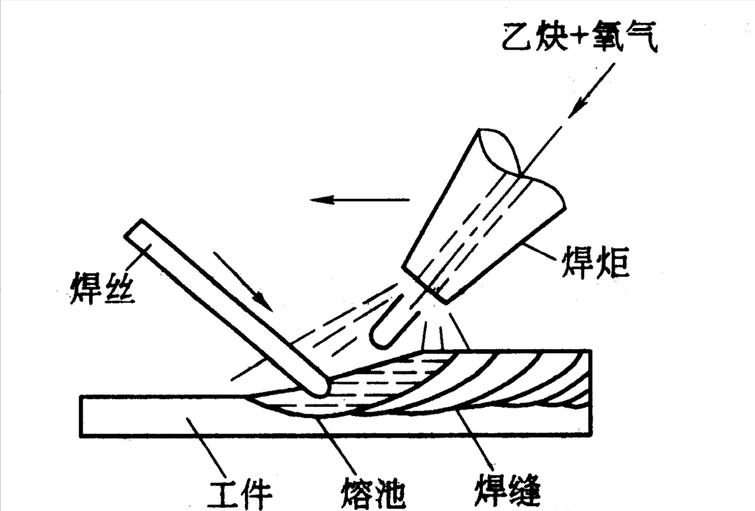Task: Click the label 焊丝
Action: pos(103,288)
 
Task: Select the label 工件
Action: pos(241,492)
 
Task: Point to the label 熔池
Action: pos(372,492)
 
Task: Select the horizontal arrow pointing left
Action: pos(360,199)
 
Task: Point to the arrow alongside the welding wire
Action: pos(244,280)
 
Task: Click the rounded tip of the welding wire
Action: pos(320,386)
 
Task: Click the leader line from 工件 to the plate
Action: pos(207,446)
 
